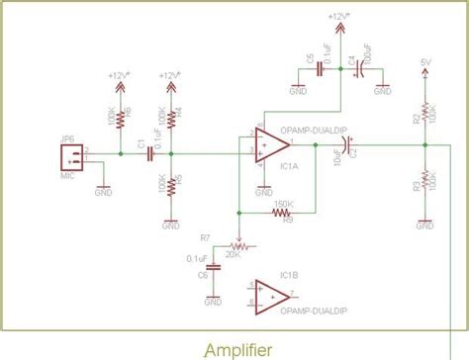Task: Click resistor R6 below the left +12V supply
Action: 121,119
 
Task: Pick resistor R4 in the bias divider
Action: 171,119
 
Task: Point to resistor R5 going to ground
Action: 171,184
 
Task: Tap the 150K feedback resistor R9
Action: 282,211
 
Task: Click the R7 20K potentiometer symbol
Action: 235,241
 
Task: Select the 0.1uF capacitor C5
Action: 319,70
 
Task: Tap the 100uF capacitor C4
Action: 362,70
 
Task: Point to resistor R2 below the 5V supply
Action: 424,116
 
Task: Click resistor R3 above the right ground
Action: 424,184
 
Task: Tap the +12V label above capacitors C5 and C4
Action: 339,16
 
